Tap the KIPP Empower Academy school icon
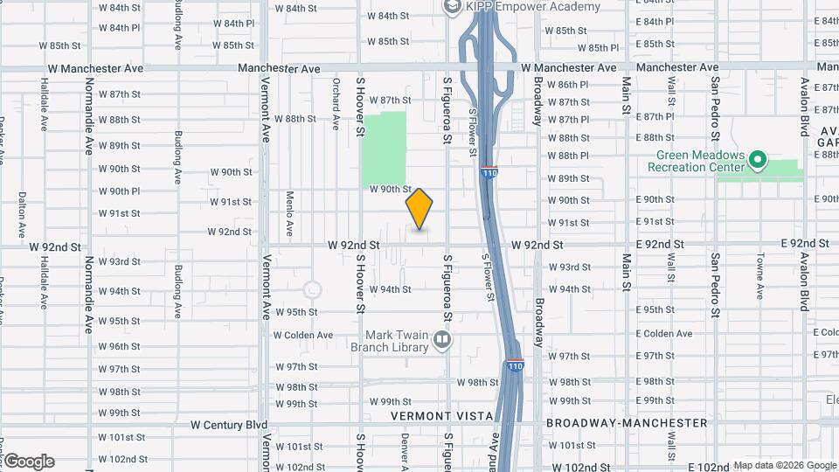pos(452,7)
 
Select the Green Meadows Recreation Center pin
pos(759,161)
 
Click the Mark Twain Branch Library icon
pos(442,340)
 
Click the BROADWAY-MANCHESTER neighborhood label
pos(626,423)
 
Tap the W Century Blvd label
pos(229,425)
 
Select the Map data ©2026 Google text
pos(784,466)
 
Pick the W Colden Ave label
pos(303,335)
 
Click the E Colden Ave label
pos(664,334)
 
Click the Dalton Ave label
pos(22,215)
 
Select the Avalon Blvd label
pos(802,106)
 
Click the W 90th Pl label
pos(119,191)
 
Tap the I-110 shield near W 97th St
pos(515,366)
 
